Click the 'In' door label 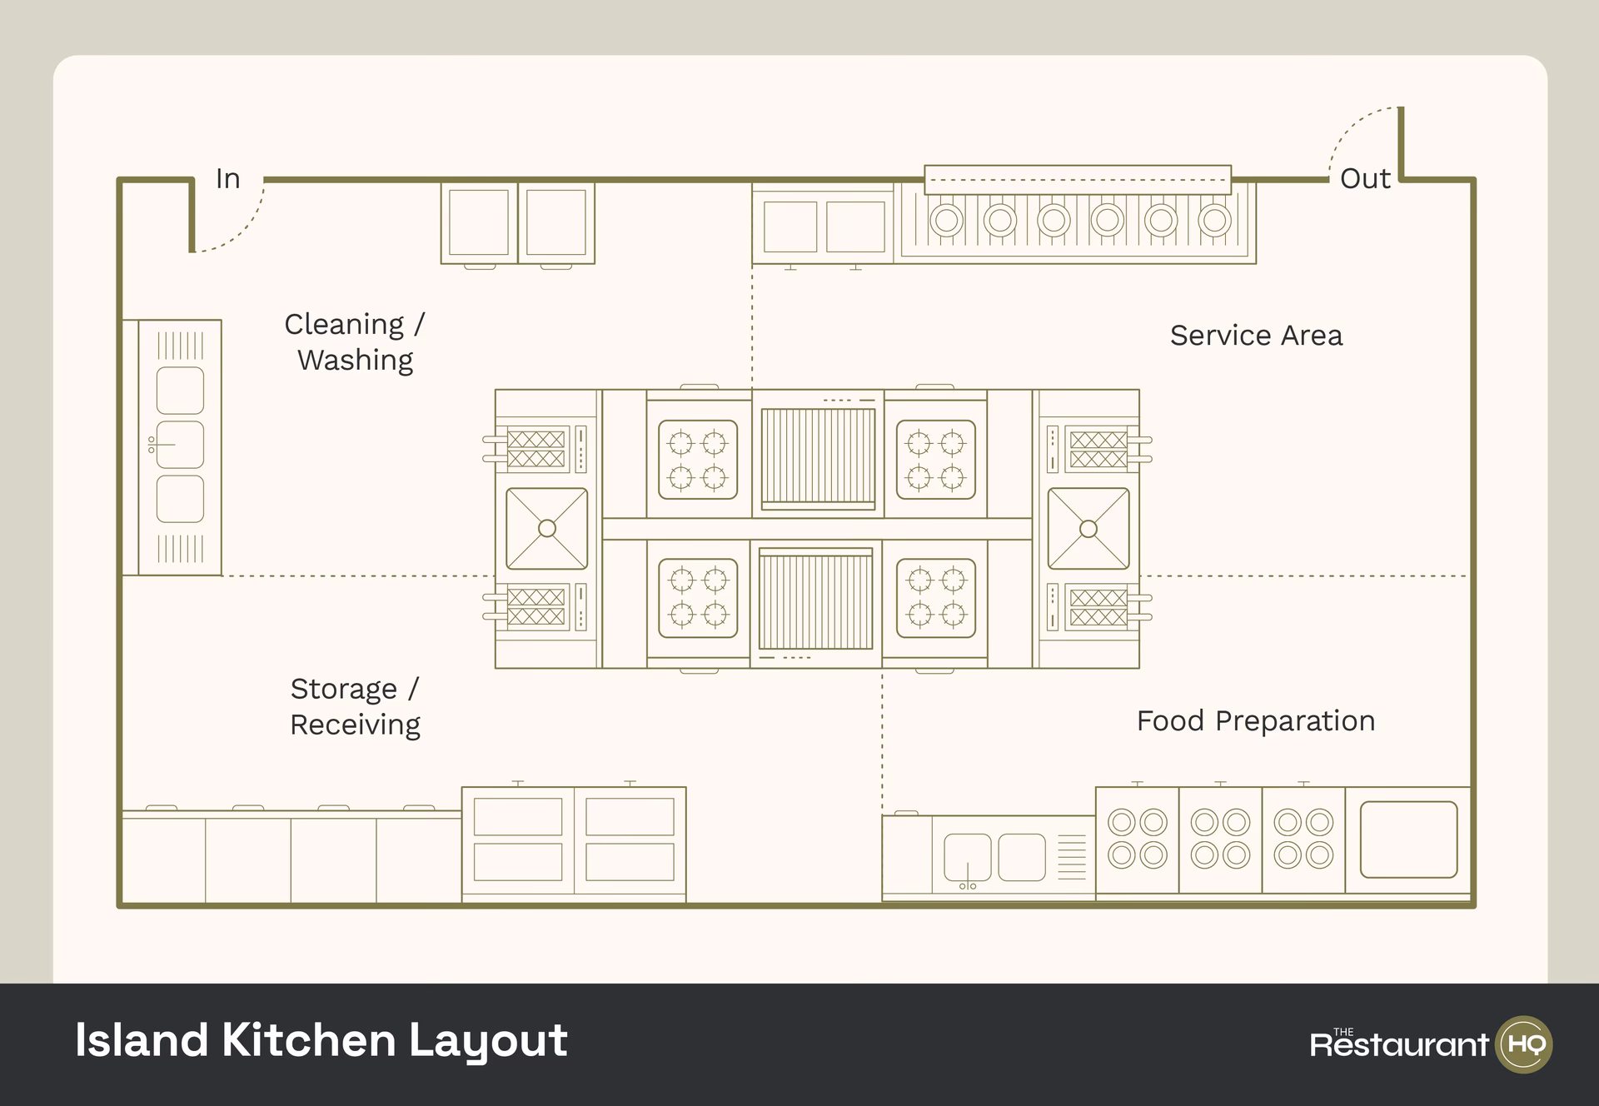pyautogui.click(x=227, y=179)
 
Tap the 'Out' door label pyautogui.click(x=1364, y=179)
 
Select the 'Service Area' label pyautogui.click(x=1256, y=336)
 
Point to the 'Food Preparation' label pyautogui.click(x=1255, y=721)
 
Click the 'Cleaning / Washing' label pyautogui.click(x=355, y=342)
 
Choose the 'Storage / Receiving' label pyautogui.click(x=355, y=707)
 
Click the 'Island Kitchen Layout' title pyautogui.click(x=321, y=1041)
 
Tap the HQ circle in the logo pyautogui.click(x=1525, y=1044)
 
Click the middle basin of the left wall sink pyautogui.click(x=180, y=445)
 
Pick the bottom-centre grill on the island pyautogui.click(x=816, y=600)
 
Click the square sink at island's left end pyautogui.click(x=547, y=528)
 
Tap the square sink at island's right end pyautogui.click(x=1088, y=528)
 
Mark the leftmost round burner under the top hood pyautogui.click(x=946, y=221)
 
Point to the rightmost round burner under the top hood pyautogui.click(x=1214, y=221)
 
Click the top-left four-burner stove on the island pyautogui.click(x=698, y=460)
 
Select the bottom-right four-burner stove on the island pyautogui.click(x=936, y=598)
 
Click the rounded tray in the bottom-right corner pyautogui.click(x=1408, y=839)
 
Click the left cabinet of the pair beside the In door pyautogui.click(x=479, y=222)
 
